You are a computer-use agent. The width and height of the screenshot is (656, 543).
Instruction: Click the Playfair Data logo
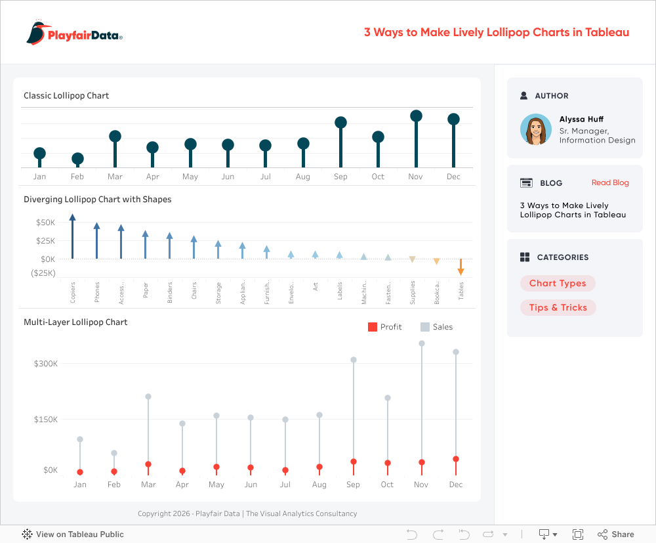tap(74, 33)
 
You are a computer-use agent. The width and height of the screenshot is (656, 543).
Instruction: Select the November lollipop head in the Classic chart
tap(416, 116)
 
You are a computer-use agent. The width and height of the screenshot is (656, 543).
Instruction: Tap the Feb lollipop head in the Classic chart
tap(77, 158)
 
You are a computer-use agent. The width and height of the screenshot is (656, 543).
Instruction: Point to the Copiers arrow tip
tap(72, 217)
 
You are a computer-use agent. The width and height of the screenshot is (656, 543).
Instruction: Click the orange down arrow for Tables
tap(461, 271)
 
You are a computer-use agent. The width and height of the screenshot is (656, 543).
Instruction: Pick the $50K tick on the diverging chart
tap(45, 223)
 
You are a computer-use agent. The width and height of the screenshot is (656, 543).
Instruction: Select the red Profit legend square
tap(372, 327)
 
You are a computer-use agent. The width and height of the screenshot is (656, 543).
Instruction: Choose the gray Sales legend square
tap(424, 327)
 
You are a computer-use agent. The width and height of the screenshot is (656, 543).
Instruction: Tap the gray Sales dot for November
tap(421, 343)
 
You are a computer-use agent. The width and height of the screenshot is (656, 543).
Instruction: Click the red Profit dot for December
tap(456, 459)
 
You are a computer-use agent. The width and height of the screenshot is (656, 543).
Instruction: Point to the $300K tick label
tap(46, 364)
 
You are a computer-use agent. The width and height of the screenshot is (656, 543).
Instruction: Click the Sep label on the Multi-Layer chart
tap(353, 485)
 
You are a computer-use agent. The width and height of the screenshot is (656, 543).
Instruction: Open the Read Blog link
tap(610, 183)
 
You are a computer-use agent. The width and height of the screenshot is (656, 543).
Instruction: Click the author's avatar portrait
tap(536, 129)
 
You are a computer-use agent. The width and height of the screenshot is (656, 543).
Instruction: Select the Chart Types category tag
tap(558, 284)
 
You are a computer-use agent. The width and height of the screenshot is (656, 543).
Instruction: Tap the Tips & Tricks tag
tap(558, 307)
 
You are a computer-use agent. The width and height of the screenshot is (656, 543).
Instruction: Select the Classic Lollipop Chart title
tap(66, 96)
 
